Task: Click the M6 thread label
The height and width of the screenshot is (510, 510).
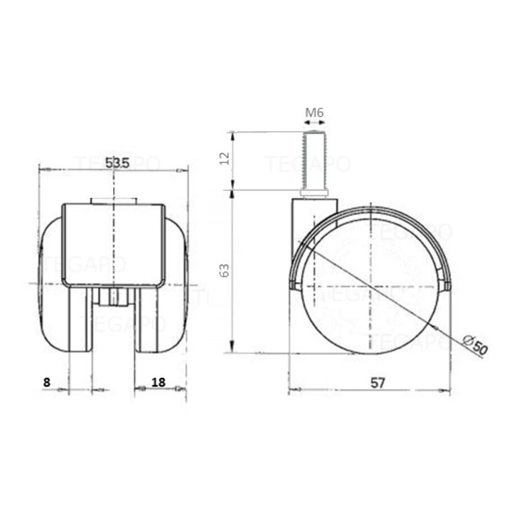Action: (314, 112)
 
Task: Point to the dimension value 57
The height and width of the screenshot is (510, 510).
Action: (378, 382)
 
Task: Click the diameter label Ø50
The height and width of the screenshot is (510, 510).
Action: (475, 345)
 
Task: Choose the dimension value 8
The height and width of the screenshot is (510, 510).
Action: (46, 382)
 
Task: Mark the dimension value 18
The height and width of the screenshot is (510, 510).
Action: (159, 382)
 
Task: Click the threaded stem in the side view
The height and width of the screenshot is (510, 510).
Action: (314, 161)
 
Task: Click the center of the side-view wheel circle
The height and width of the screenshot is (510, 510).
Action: (369, 286)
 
